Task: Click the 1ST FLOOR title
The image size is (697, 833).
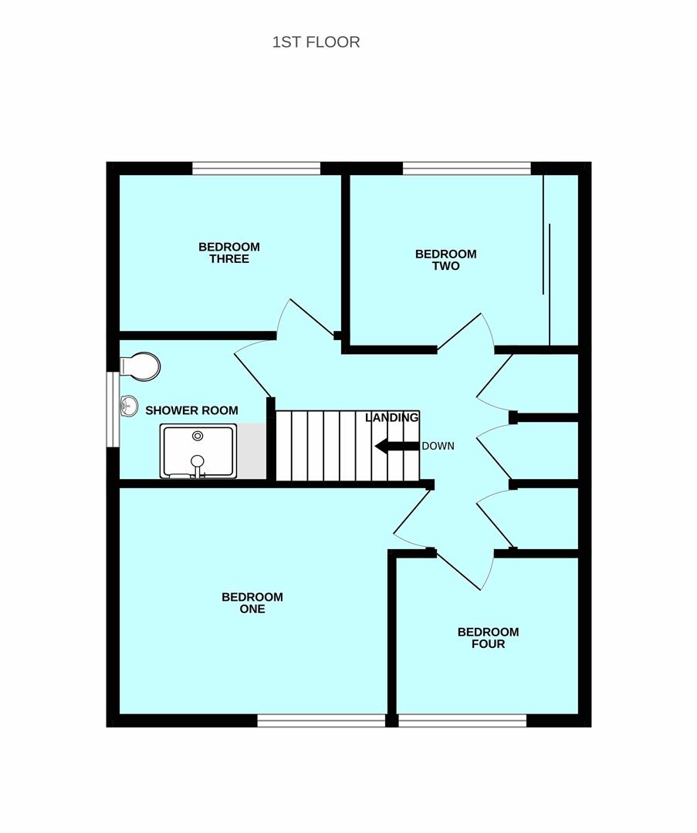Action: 316,42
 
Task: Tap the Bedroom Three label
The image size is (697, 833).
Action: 229,253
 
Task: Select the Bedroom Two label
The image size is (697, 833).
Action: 445,260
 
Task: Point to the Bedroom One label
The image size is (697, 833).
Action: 252,603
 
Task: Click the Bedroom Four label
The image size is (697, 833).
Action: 488,638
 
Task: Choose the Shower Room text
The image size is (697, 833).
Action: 191,410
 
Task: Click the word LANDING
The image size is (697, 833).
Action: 392,417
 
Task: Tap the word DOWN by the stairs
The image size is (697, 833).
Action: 438,447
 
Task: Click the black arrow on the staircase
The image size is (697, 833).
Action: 397,447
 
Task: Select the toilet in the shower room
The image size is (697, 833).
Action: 140,366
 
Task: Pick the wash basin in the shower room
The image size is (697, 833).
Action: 128,406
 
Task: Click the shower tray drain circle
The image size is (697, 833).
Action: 198,436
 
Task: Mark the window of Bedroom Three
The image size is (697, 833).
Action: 256,168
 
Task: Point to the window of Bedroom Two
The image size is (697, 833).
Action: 467,168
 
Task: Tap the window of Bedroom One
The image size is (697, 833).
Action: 321,720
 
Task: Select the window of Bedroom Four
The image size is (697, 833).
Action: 462,720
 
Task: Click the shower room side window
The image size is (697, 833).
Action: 113,409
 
